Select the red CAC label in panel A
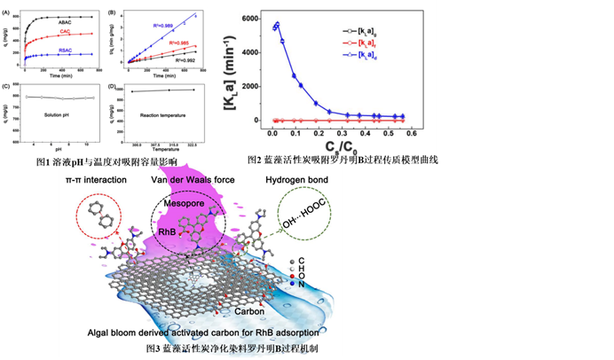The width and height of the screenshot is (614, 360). click(x=65, y=33)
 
